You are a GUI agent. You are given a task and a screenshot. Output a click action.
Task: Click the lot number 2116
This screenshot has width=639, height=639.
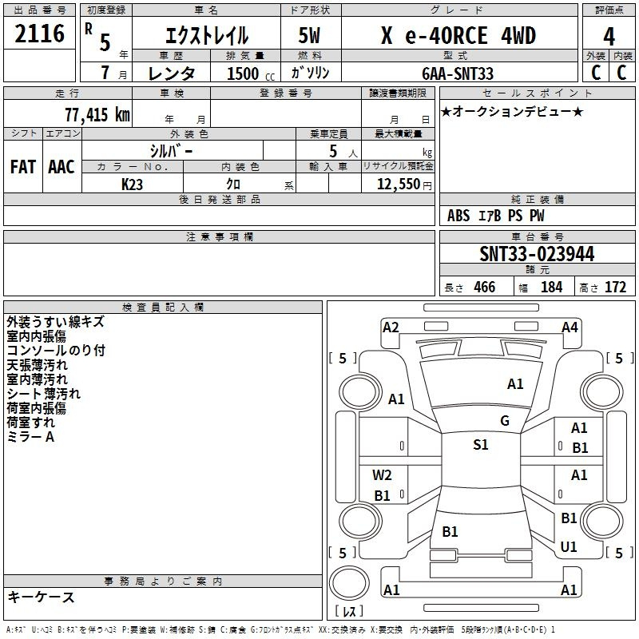click(39, 33)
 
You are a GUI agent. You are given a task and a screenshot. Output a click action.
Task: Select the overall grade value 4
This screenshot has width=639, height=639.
click(609, 37)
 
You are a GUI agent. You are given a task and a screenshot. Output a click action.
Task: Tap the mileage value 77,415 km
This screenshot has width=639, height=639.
click(97, 114)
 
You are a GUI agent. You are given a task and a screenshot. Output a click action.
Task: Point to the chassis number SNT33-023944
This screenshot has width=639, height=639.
click(537, 254)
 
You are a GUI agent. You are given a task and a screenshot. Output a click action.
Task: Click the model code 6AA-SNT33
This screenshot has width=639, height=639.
click(458, 73)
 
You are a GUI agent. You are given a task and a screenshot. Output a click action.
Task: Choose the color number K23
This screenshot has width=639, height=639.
click(132, 185)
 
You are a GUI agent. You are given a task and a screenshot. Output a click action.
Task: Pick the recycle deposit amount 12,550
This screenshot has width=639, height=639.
click(398, 185)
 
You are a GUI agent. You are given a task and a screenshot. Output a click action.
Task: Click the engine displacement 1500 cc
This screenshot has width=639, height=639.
click(251, 73)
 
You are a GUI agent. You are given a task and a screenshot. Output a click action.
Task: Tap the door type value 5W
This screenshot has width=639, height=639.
click(309, 35)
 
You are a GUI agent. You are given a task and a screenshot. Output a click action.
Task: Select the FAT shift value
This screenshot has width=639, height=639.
click(23, 167)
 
